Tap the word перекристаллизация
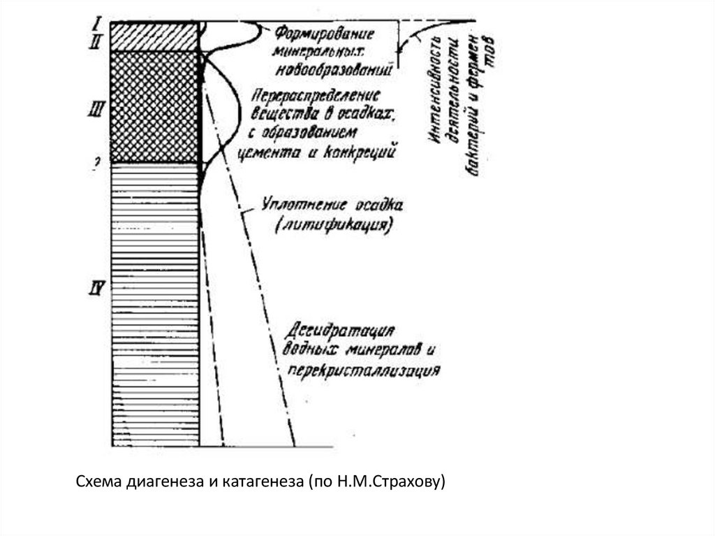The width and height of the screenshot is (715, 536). [362, 368]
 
